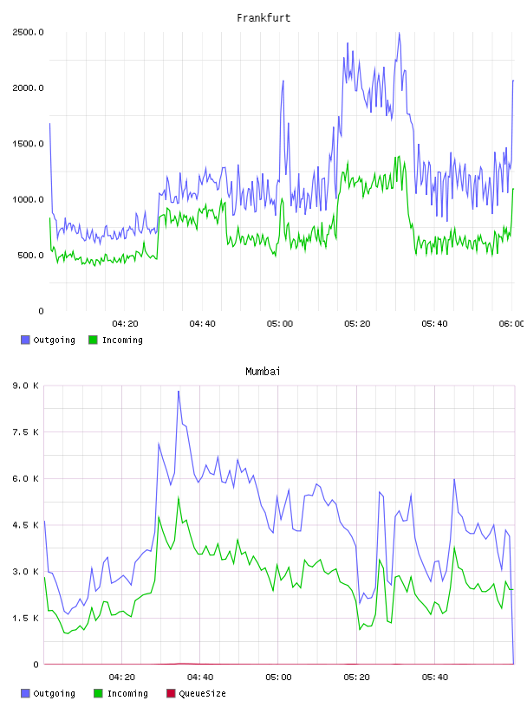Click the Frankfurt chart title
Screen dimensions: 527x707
(263, 18)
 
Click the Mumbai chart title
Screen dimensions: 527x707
(263, 372)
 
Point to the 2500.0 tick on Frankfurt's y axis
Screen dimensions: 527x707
(28, 32)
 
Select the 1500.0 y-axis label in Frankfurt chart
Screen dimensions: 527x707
(28, 144)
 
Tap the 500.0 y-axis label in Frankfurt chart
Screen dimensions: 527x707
(30, 256)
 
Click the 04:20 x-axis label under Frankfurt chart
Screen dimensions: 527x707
(125, 324)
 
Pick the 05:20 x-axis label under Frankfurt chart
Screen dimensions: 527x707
(357, 324)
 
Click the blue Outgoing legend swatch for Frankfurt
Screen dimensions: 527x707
(25, 340)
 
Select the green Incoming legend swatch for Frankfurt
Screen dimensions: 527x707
(93, 340)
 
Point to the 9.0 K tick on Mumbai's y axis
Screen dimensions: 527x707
(25, 386)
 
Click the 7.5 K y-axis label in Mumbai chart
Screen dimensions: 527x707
(25, 432)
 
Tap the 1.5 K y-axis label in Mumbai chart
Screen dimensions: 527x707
(25, 618)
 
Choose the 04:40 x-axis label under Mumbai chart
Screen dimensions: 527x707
(200, 678)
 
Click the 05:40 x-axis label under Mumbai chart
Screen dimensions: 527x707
(434, 678)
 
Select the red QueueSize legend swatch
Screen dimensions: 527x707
(171, 693)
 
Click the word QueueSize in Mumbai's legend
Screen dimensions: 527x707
(202, 693)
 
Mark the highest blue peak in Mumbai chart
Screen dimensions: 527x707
(179, 392)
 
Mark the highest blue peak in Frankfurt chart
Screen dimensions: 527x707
(399, 34)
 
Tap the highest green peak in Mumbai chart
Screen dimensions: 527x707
(179, 498)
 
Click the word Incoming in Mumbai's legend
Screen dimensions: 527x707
(127, 694)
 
